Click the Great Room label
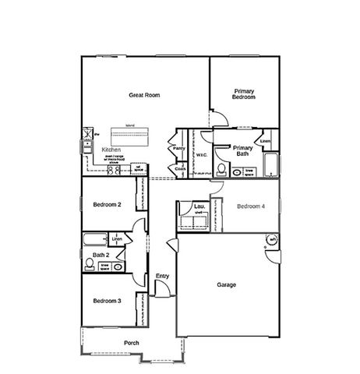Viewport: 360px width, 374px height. (x=144, y=95)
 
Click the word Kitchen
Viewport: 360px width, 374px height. (x=111, y=149)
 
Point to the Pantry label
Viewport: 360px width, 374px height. (x=178, y=147)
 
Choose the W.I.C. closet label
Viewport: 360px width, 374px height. (x=201, y=154)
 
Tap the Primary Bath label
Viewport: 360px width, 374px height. (x=242, y=151)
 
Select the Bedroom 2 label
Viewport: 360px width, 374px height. (x=107, y=205)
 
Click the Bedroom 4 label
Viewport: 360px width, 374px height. (x=251, y=206)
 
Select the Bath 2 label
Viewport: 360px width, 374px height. (x=101, y=254)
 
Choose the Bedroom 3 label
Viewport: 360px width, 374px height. (x=107, y=301)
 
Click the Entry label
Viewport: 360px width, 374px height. (x=162, y=276)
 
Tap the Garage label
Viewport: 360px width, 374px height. (x=227, y=284)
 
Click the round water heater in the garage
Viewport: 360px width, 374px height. (x=273, y=239)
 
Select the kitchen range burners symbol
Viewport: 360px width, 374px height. (x=114, y=169)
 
